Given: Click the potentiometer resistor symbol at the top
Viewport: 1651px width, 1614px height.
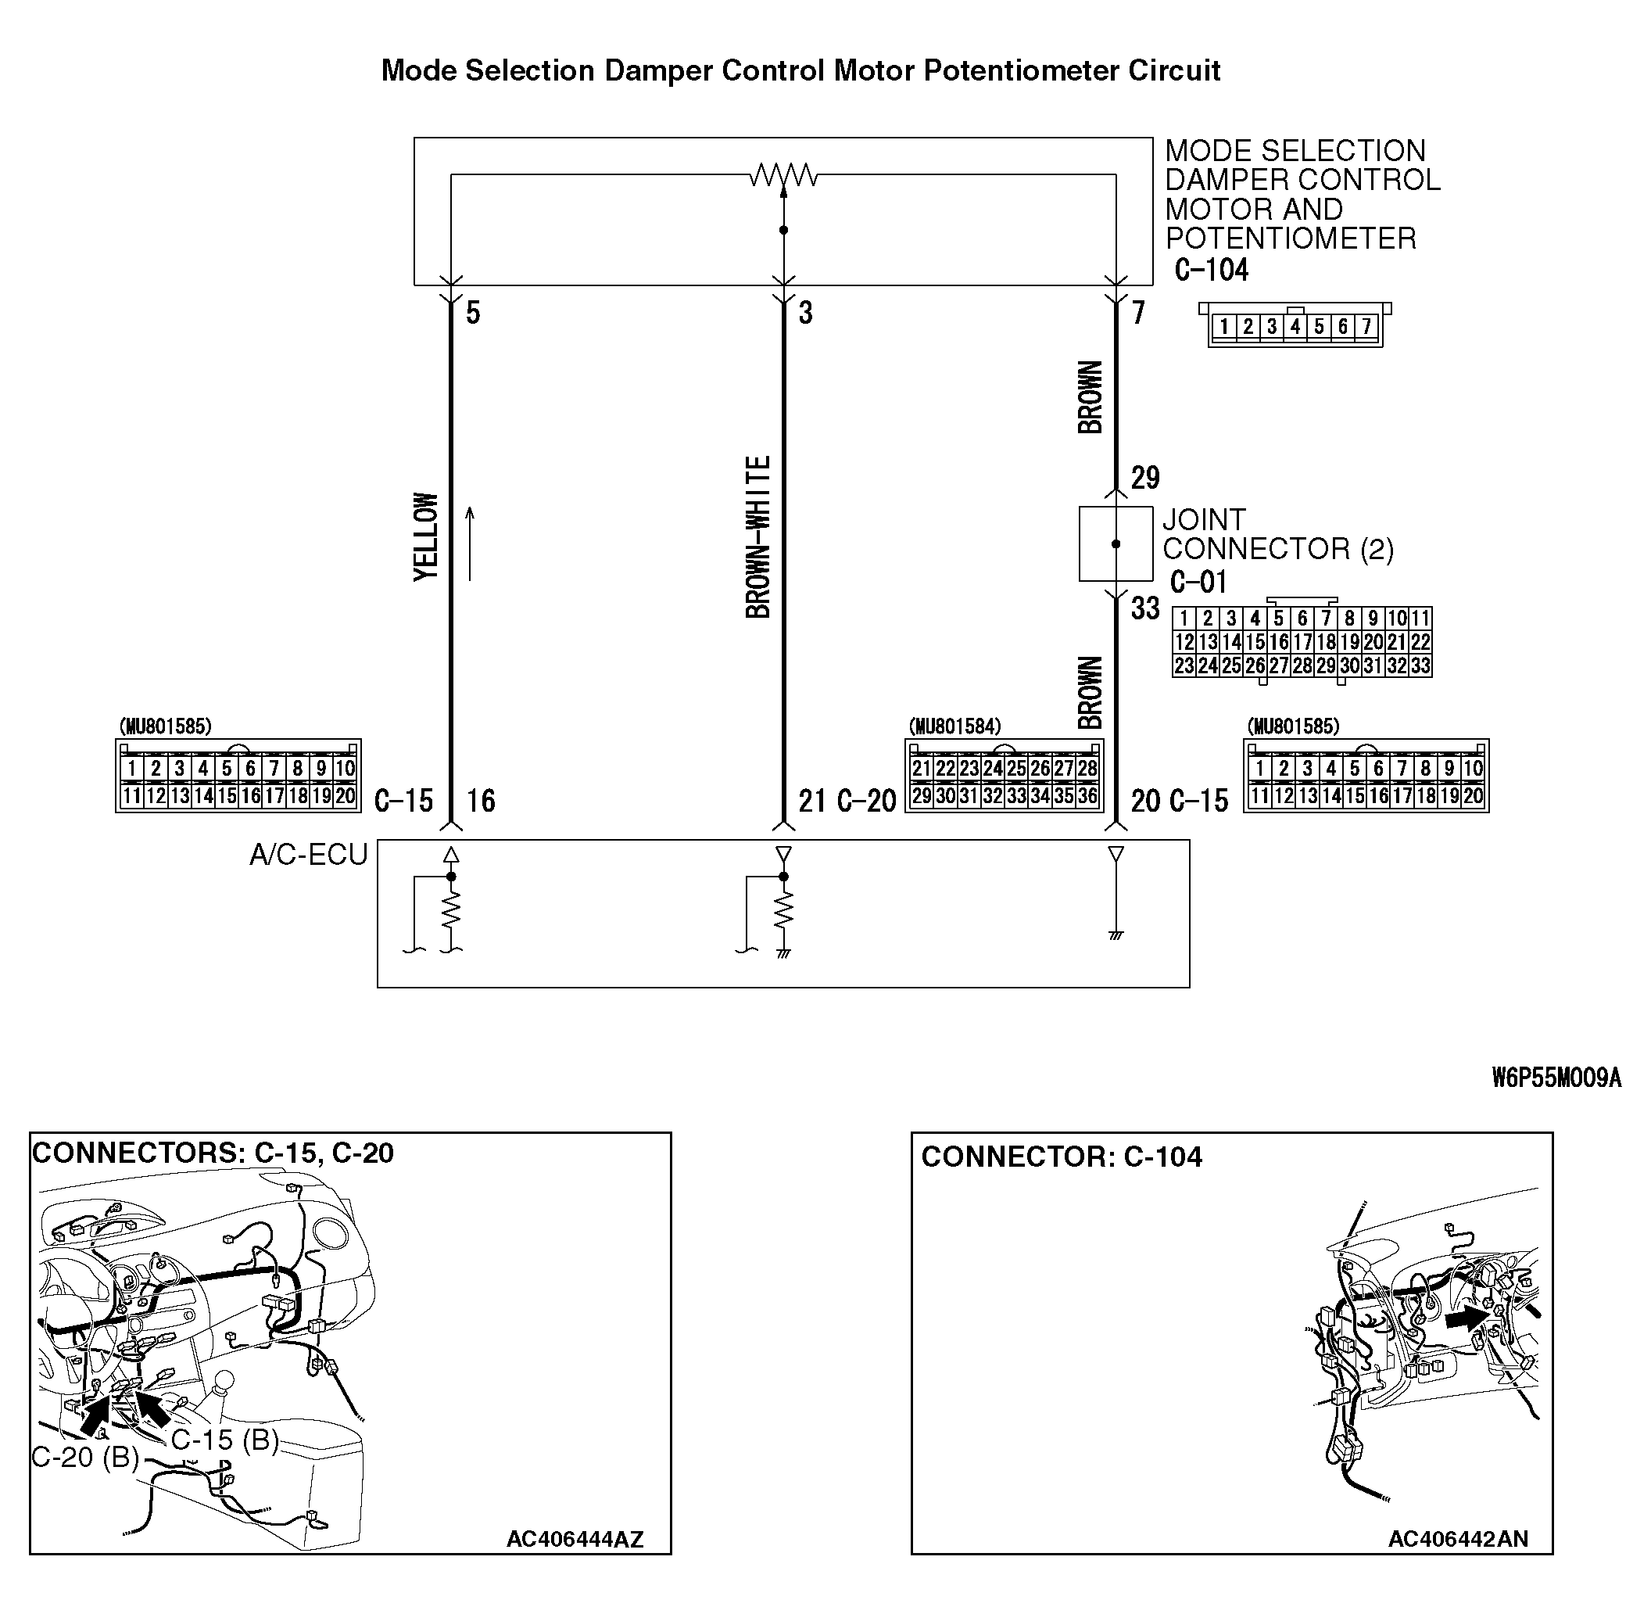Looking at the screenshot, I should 783,175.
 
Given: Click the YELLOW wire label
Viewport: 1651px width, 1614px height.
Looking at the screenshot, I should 426,536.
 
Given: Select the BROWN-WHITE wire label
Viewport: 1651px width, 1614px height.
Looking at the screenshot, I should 757,536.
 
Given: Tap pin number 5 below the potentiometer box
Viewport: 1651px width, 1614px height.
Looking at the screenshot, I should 473,313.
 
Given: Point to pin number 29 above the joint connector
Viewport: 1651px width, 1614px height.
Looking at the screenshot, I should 1145,478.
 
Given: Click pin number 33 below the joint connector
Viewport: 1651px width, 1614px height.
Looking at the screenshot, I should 1145,608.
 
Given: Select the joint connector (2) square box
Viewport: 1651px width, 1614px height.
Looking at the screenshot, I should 1116,543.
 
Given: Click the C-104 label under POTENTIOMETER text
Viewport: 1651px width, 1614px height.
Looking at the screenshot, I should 1211,271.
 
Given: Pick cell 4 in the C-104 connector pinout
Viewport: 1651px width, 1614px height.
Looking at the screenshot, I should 1295,326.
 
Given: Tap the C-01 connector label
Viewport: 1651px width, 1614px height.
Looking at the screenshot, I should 1198,583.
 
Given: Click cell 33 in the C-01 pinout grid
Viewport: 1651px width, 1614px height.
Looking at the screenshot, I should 1420,666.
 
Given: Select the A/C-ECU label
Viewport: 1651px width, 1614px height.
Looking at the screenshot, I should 309,855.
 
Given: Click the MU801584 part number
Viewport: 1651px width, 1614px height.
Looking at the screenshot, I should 954,726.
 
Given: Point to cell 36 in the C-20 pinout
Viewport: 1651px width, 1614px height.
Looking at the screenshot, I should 1087,796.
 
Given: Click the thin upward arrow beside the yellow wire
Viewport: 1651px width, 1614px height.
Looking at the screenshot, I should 470,543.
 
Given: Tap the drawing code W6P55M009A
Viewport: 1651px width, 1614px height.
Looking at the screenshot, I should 1556,1078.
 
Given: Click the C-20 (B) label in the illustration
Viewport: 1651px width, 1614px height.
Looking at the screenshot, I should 84,1456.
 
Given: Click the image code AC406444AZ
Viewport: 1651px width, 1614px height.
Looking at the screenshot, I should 575,1540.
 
